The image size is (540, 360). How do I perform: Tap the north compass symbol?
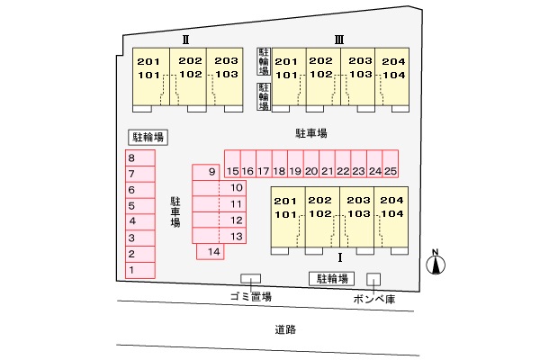(x=435, y=263)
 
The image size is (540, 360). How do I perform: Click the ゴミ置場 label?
(x=249, y=296)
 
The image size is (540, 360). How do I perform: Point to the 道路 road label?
(x=285, y=329)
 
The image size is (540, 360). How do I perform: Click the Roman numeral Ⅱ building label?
(x=184, y=39)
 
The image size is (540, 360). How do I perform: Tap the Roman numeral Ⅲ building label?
(x=339, y=39)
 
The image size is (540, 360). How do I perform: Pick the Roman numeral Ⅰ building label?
(x=339, y=256)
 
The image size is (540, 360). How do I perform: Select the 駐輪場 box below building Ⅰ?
(x=330, y=278)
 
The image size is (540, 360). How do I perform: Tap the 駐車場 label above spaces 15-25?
(x=310, y=132)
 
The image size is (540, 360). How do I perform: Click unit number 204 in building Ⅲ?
(x=393, y=61)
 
